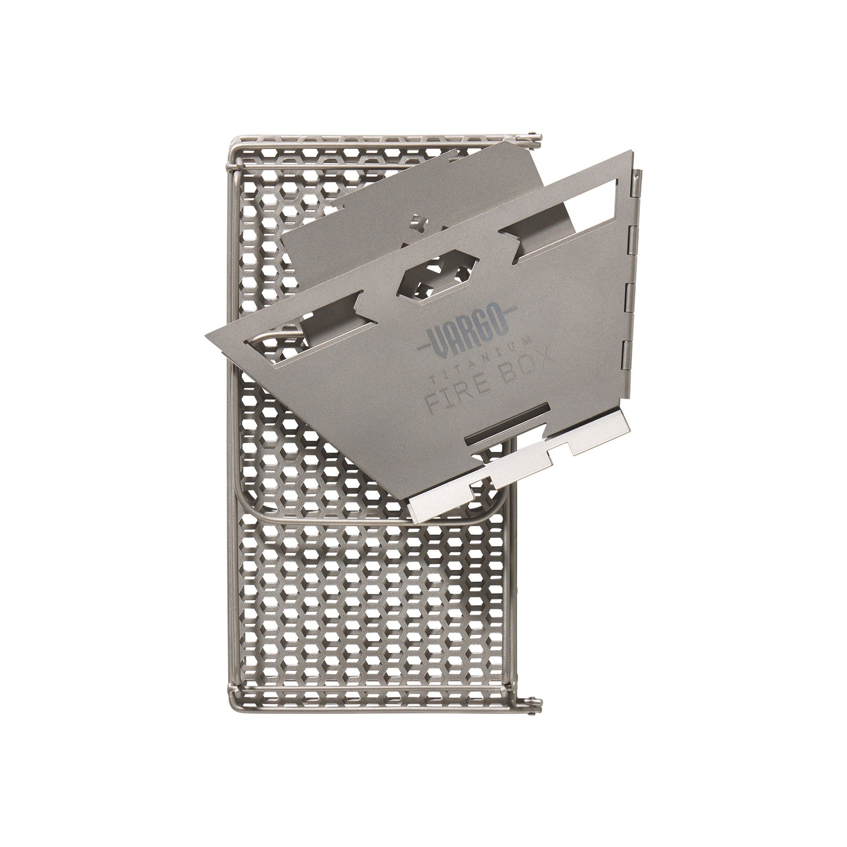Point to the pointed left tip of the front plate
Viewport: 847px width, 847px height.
click(208, 336)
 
